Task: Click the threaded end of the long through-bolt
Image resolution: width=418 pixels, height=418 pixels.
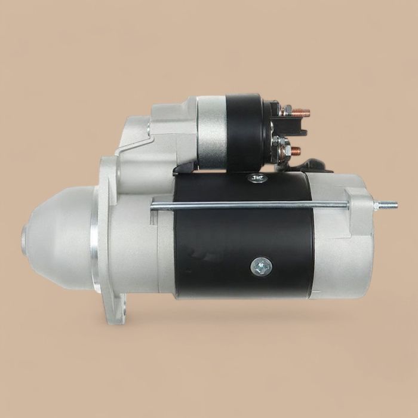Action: click(387, 205)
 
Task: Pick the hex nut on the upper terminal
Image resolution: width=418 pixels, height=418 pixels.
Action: click(286, 111)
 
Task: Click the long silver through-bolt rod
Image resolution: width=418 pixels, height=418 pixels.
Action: click(251, 205)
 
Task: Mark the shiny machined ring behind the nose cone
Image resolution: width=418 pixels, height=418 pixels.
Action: click(94, 239)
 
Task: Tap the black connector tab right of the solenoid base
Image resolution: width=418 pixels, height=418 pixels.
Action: click(315, 165)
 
